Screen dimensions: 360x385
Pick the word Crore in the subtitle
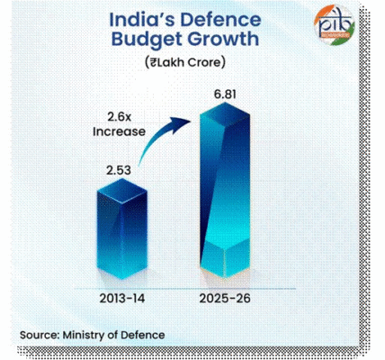pyautogui.click(x=210, y=62)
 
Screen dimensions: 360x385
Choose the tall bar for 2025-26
pyautogui.click(x=230, y=189)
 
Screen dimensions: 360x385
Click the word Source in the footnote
pyautogui.click(x=40, y=335)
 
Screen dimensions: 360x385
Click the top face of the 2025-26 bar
pyautogui.click(x=230, y=110)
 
